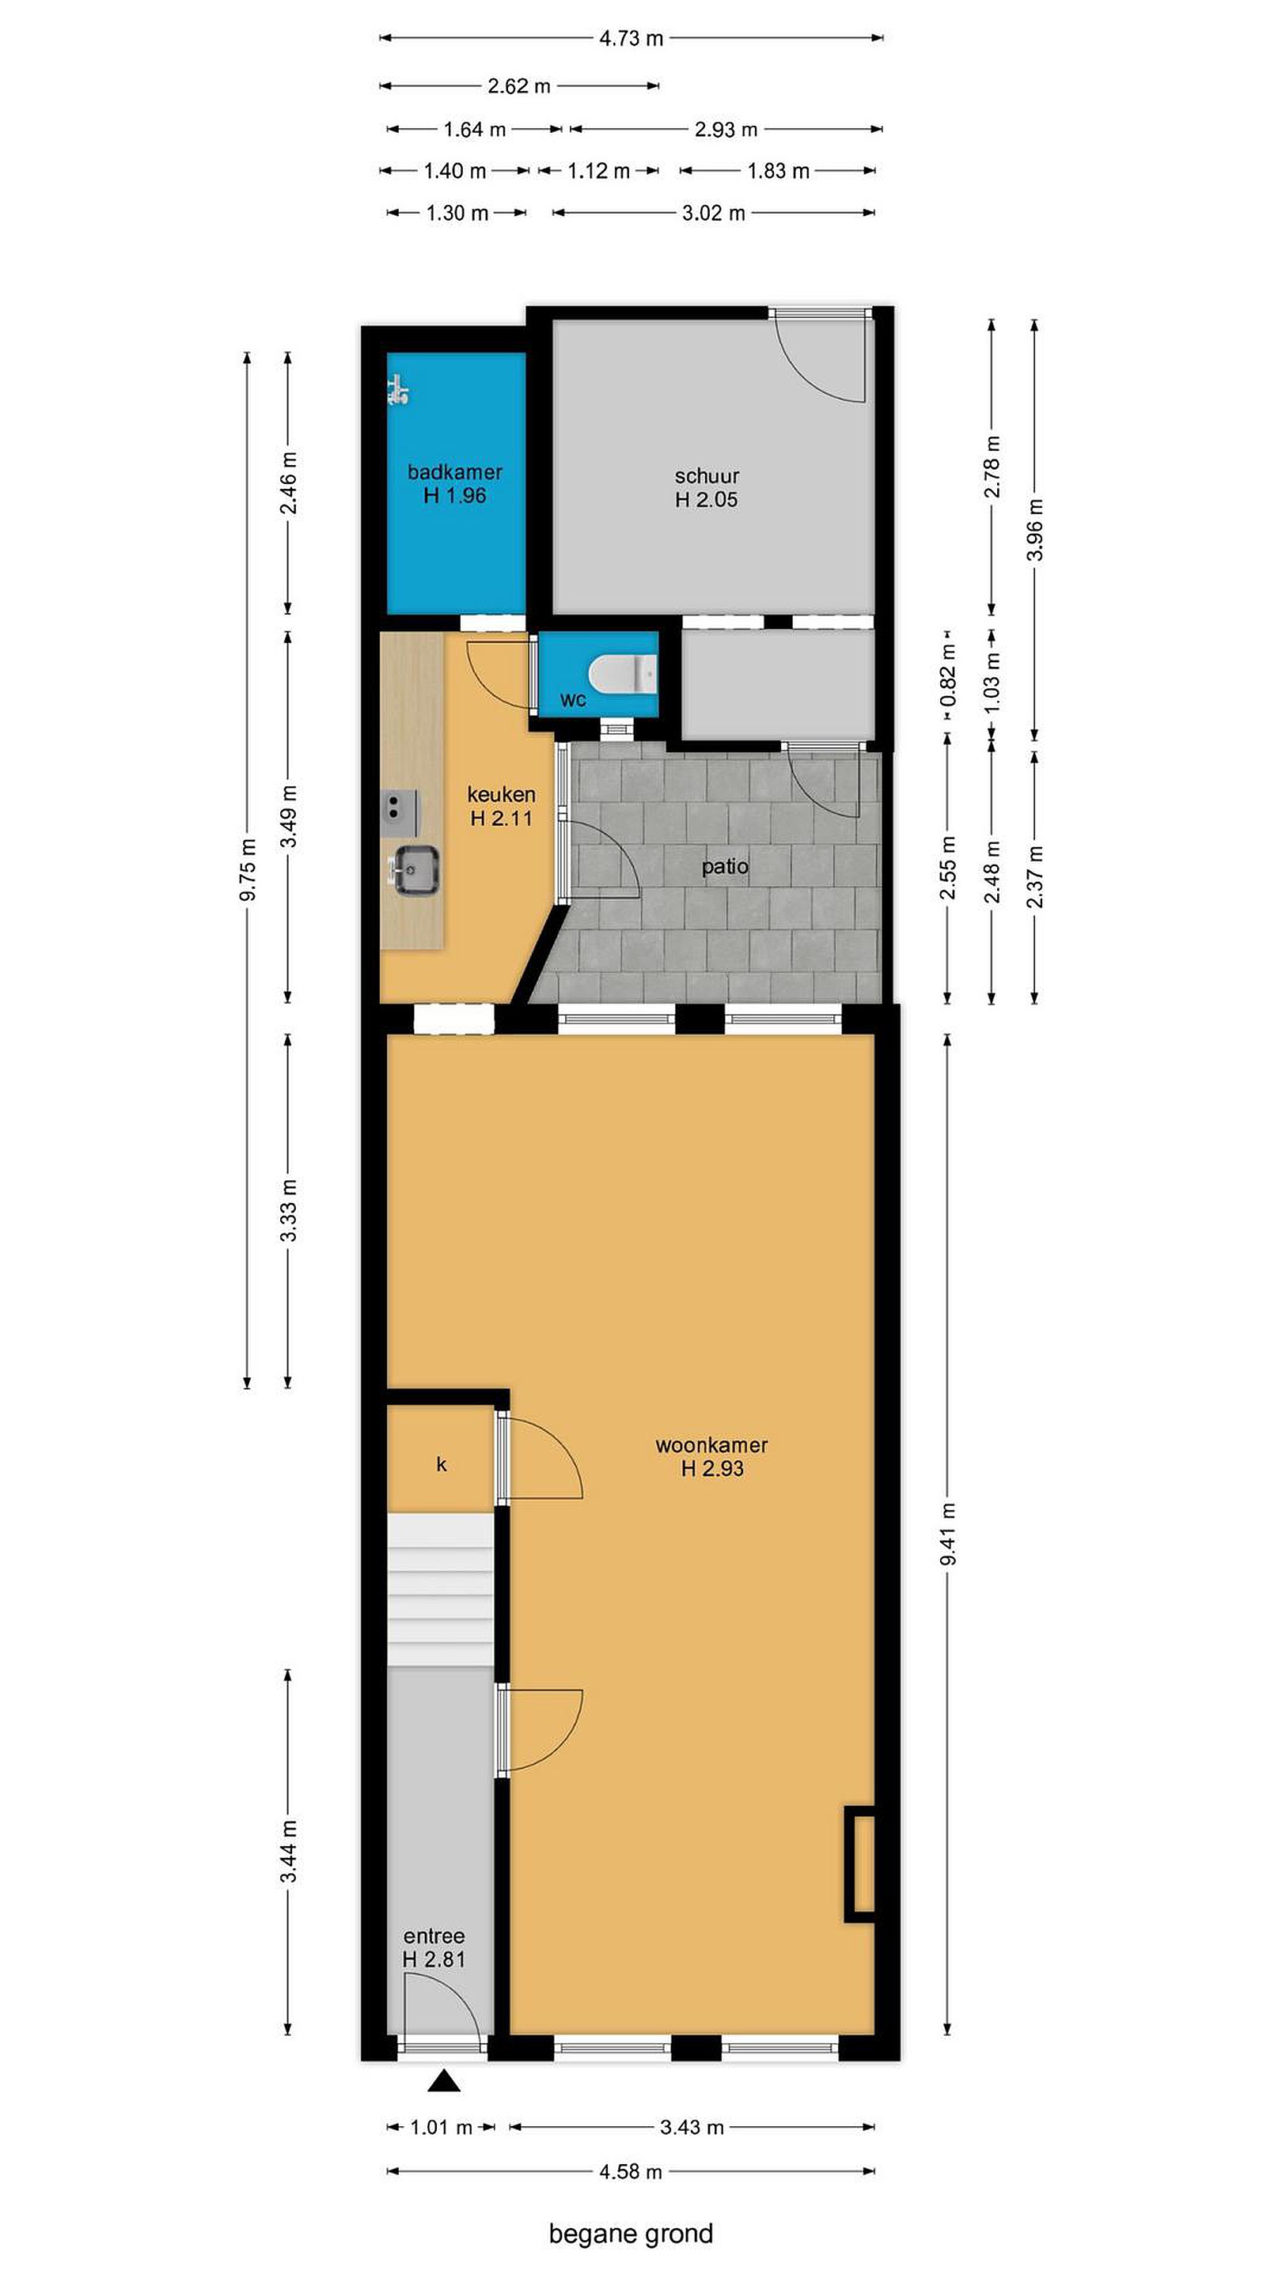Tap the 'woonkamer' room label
click(x=711, y=1445)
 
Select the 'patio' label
click(x=725, y=867)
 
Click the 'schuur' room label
click(x=707, y=475)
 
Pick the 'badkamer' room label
click(x=455, y=471)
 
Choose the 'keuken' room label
click(x=501, y=794)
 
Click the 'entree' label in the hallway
click(x=434, y=1936)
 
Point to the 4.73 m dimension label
click(x=631, y=38)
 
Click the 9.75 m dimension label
click(x=248, y=870)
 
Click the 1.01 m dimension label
click(x=441, y=2128)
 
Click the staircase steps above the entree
click(x=441, y=1590)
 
